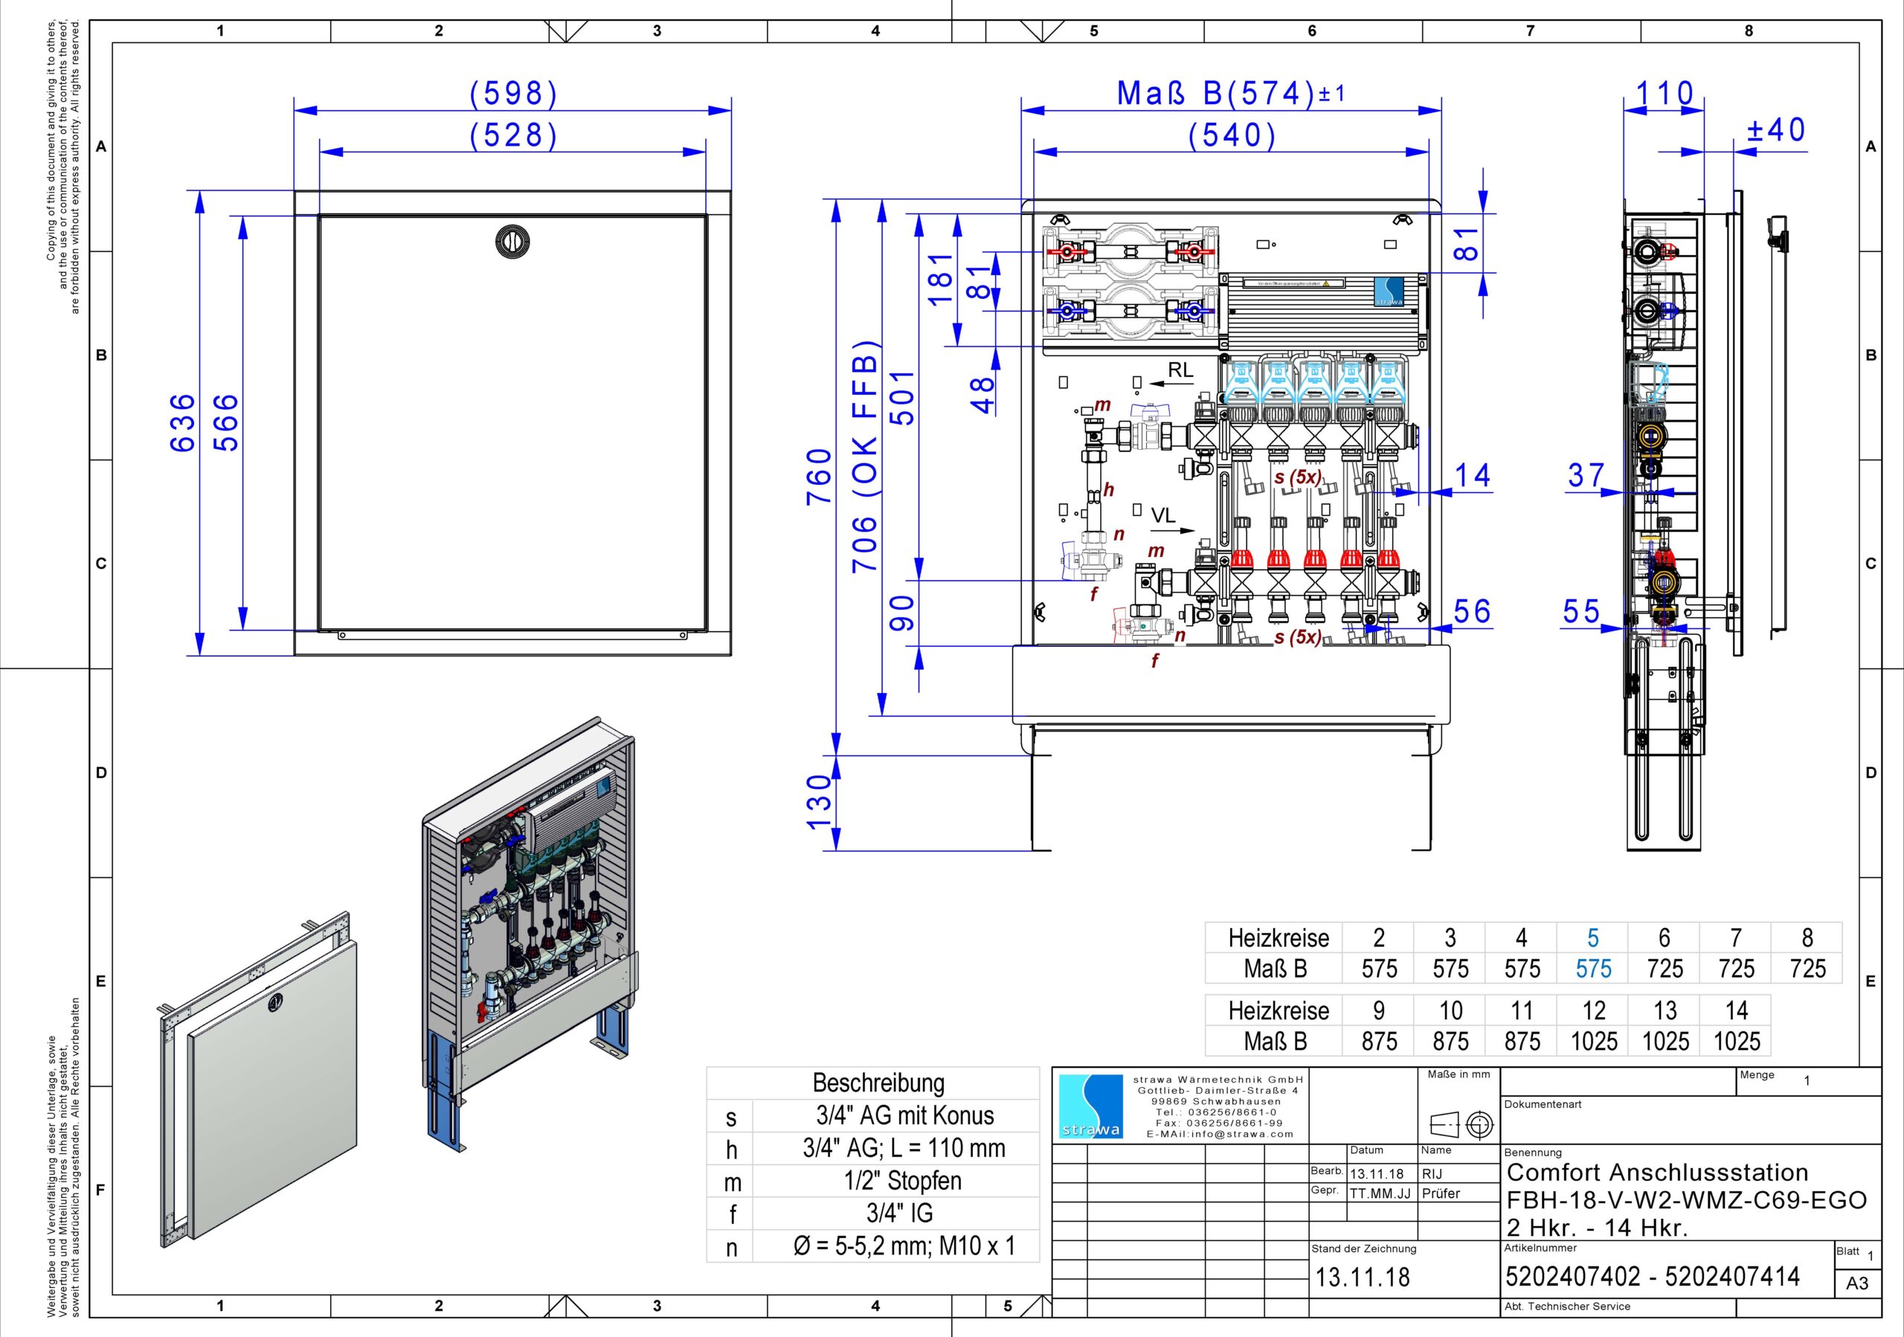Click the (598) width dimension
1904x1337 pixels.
coord(513,93)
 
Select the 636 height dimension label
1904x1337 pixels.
coord(182,422)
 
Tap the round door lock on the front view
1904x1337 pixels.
coord(512,241)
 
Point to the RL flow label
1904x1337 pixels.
coord(1180,370)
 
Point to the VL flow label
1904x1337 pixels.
coord(1162,515)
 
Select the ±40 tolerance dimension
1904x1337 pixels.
coord(1775,130)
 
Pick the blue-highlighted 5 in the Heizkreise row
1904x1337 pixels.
coord(1592,938)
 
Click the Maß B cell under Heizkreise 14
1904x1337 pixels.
coord(1737,1041)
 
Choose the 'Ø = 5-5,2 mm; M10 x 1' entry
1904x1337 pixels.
coord(903,1246)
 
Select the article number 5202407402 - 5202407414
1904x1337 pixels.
coord(1652,1277)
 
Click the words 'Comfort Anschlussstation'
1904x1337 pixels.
coord(1657,1172)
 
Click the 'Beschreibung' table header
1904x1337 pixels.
coord(878,1083)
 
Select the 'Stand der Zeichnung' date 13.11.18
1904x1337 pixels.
coord(1363,1278)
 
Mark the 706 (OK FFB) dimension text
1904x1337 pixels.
coord(864,456)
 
